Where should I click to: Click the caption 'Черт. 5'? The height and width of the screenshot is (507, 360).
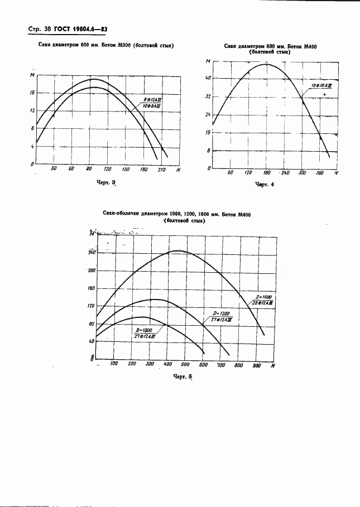(x=183, y=377)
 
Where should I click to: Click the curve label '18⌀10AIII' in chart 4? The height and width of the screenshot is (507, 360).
(x=321, y=86)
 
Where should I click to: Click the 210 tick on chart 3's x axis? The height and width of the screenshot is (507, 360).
(x=162, y=169)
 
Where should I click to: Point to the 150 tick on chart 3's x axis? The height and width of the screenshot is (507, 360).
(x=126, y=169)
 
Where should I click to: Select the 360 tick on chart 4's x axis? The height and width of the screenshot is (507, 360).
(x=320, y=173)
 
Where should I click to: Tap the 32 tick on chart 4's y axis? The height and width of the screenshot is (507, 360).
(x=208, y=96)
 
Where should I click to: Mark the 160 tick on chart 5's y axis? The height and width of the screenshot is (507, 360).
(x=92, y=288)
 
